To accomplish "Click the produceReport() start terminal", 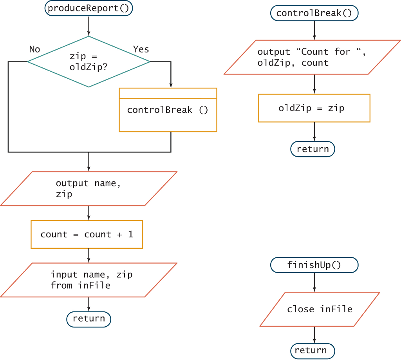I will [89, 9].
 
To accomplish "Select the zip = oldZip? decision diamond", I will [89, 62].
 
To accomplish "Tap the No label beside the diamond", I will [35, 49].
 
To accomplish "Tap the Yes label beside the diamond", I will [141, 49].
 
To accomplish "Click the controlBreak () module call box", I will [168, 110].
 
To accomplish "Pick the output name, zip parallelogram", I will [89, 189].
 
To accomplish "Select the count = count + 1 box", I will [87, 234].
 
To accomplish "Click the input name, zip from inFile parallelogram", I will [89, 280].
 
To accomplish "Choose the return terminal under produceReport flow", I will [89, 319].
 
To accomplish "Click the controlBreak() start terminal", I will [314, 13].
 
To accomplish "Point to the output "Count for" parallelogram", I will [312, 57].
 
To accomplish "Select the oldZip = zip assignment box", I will [314, 108].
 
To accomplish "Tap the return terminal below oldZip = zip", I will [312, 149].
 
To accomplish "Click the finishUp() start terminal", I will [314, 265].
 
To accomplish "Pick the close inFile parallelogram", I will [320, 309].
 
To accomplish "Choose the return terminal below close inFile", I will [312, 350].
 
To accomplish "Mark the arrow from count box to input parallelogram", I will [89, 255].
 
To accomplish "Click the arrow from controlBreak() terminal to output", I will [314, 30].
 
